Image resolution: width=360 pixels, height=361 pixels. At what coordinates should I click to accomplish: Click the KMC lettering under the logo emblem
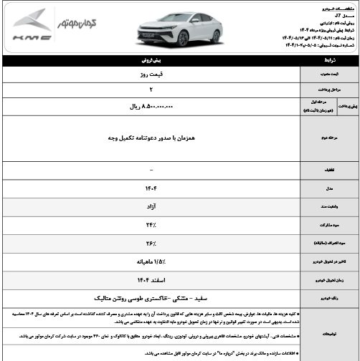pyautogui.click(x=31, y=36)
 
